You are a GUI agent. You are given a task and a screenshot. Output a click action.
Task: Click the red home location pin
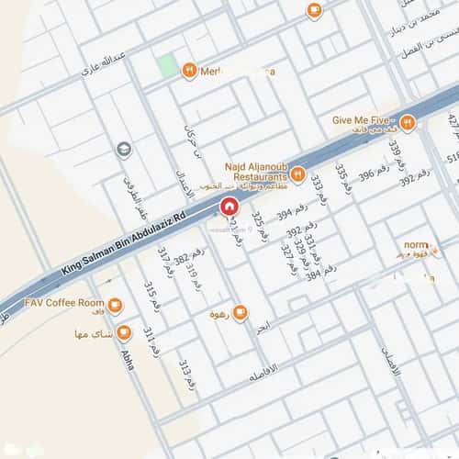228,207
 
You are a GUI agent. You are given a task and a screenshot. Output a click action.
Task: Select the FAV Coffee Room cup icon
115,305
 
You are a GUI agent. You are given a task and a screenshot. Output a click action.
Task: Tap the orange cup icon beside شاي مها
124,332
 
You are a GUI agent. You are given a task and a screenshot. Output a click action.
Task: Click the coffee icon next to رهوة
241,313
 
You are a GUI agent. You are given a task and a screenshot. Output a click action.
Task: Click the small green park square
167,66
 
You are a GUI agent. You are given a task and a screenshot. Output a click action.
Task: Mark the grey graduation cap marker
124,150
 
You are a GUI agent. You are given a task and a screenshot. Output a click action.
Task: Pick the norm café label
415,247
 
